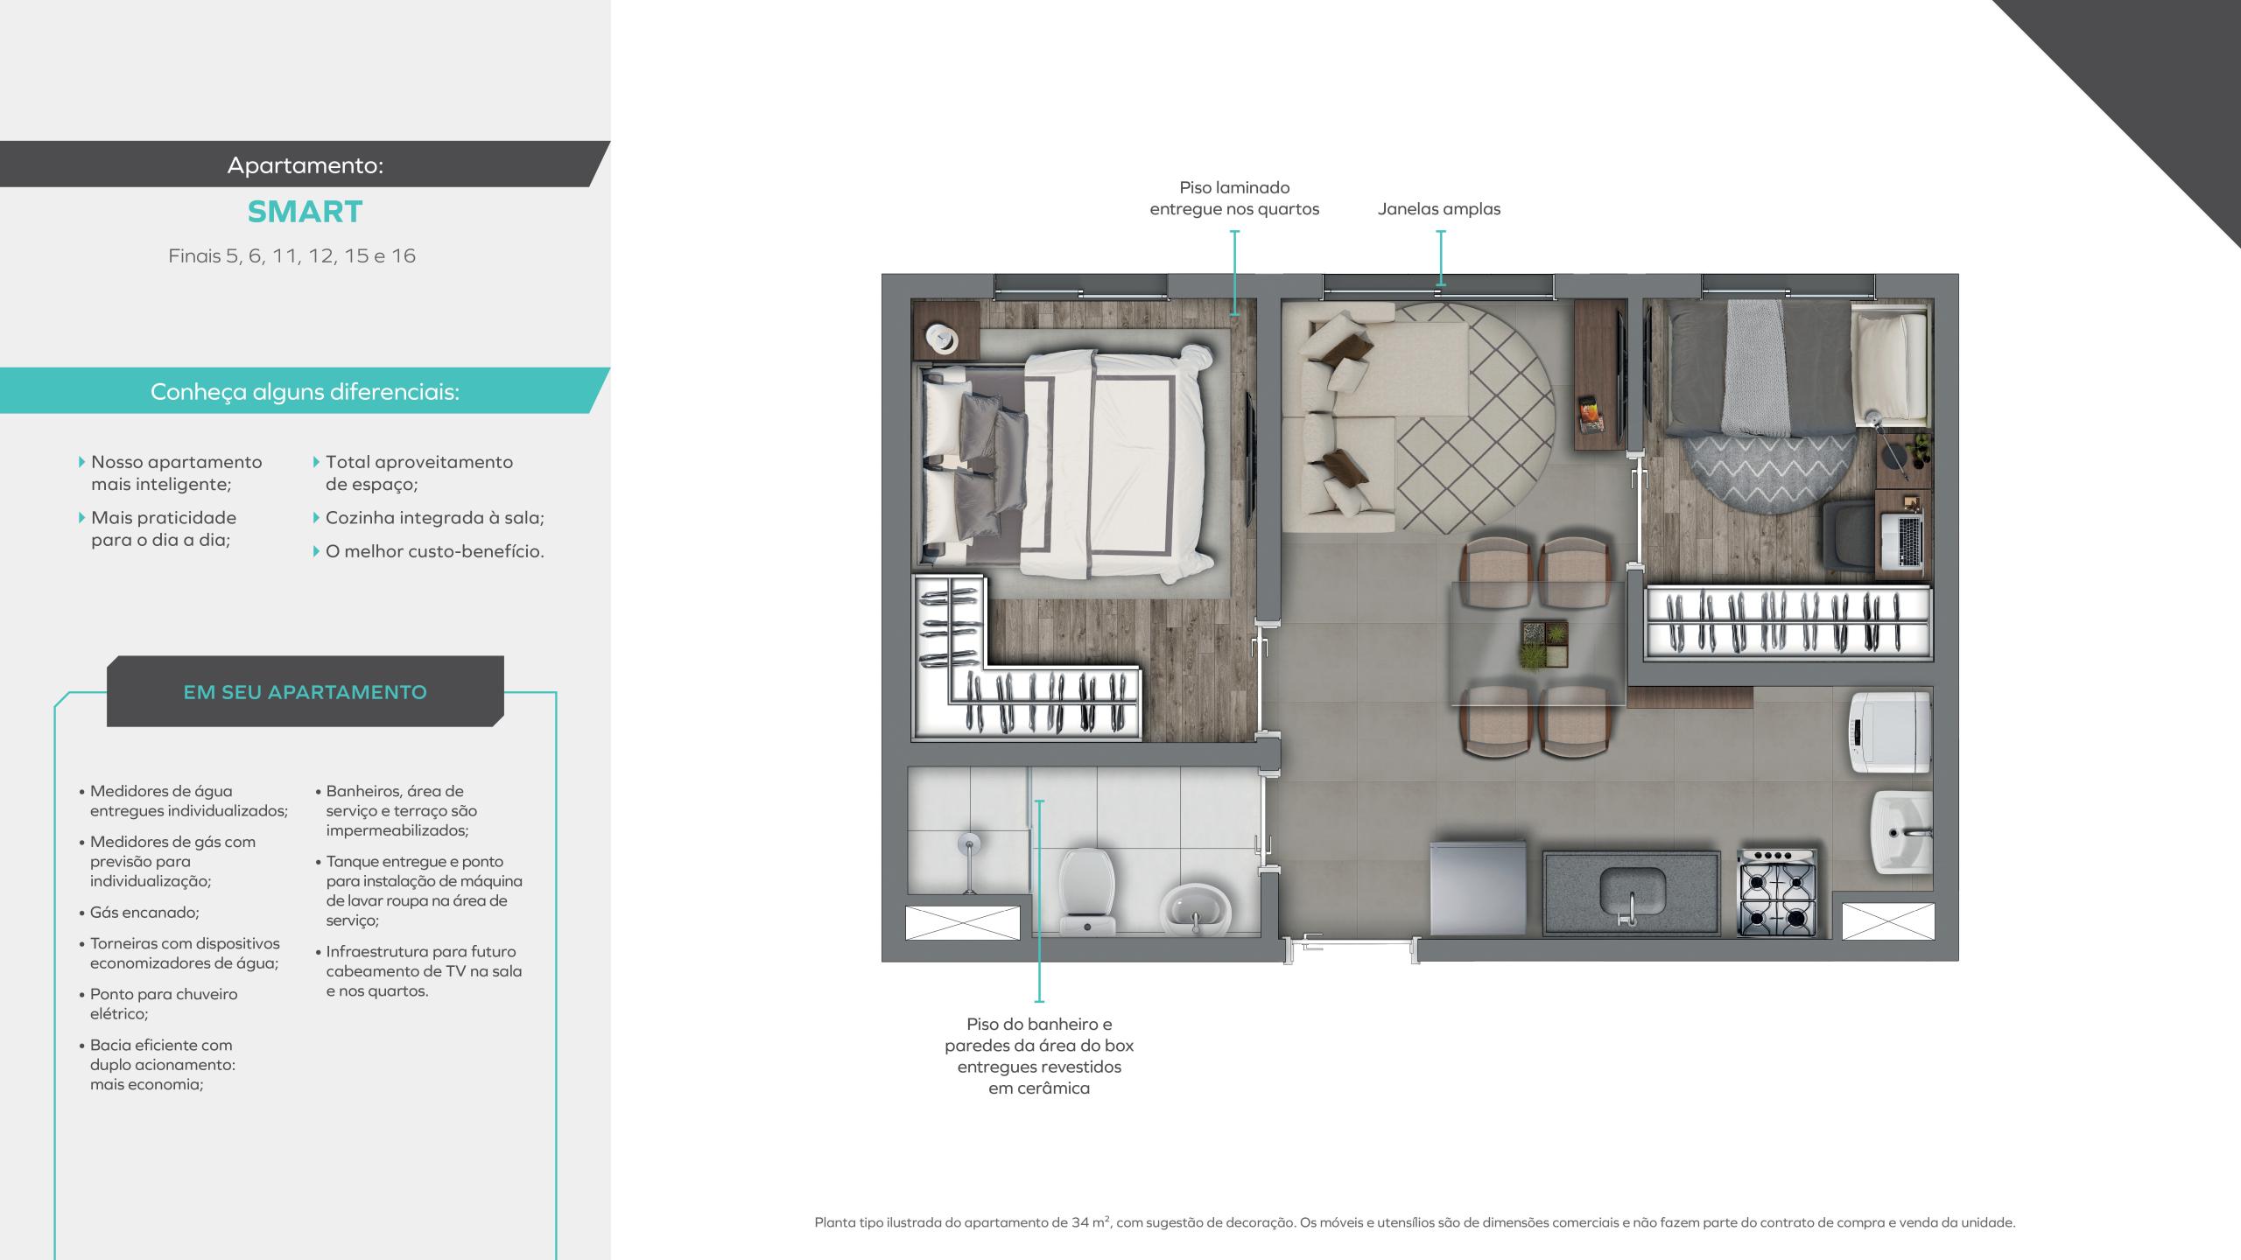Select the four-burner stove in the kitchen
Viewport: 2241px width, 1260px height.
click(x=1777, y=892)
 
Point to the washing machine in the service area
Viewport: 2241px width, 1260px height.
click(x=1889, y=731)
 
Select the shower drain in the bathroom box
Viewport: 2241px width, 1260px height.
click(x=967, y=844)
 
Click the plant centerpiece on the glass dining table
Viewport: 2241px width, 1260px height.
click(x=1544, y=644)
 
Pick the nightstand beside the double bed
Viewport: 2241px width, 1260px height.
click(x=945, y=331)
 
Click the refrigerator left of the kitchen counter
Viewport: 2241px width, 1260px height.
click(x=1479, y=887)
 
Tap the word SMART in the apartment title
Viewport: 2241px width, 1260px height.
click(x=305, y=212)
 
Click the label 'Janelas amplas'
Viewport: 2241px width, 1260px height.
click(x=1439, y=209)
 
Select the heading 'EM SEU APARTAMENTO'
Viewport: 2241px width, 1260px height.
click(x=305, y=692)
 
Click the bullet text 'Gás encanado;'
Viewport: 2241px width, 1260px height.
click(x=144, y=913)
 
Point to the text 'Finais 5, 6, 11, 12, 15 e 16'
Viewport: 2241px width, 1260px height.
click(x=292, y=256)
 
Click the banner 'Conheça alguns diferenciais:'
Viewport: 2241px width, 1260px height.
click(x=305, y=391)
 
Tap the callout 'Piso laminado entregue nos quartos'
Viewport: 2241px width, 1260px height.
click(x=1234, y=199)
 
